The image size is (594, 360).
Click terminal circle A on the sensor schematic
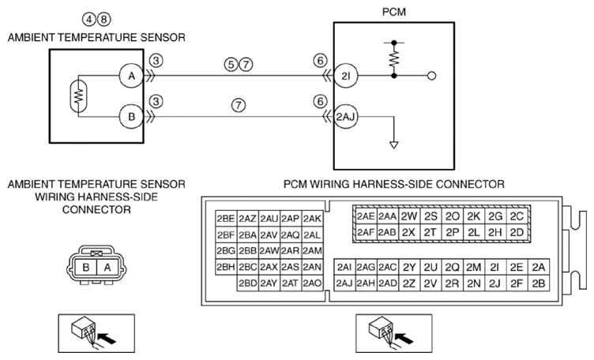coord(131,76)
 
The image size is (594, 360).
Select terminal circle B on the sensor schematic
coord(131,117)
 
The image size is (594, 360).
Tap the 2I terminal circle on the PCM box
coord(345,76)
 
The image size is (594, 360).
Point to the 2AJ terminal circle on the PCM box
coord(345,117)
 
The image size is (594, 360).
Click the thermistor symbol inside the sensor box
coord(78,96)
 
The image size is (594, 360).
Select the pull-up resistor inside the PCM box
coord(394,58)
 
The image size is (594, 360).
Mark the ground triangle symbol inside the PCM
coord(394,145)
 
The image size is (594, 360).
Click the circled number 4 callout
coord(89,19)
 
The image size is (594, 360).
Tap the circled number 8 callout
coord(103,19)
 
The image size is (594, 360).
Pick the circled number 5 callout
coord(231,65)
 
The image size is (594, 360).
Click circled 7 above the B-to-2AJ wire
coord(239,105)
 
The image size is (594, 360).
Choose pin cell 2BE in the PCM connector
coord(226,219)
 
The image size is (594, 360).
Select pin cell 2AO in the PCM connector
coord(312,283)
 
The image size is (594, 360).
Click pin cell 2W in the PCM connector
coord(408,216)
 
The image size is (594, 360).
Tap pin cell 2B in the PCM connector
coord(539,283)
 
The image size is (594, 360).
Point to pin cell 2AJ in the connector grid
coord(344,283)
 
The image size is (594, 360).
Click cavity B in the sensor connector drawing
coord(86,268)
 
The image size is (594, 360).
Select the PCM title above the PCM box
coord(393,12)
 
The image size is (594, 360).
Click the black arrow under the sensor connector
coord(107,337)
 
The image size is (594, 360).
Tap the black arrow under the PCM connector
coord(404,337)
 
